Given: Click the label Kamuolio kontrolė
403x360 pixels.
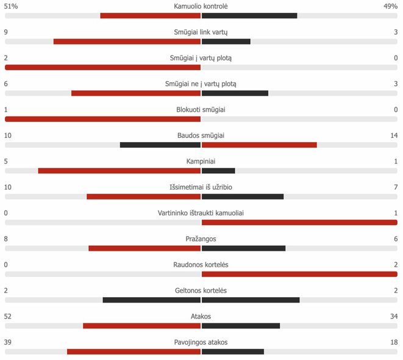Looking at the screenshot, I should (201, 6).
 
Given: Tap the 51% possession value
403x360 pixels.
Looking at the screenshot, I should (11, 6).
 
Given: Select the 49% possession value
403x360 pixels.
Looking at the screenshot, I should (391, 6).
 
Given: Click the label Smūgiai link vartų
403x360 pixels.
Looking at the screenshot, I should (201, 32).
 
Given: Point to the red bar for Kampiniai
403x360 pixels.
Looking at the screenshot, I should (119, 171).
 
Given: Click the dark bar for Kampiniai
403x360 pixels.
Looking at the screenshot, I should (218, 171).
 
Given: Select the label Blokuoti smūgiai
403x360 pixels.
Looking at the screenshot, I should (201, 110).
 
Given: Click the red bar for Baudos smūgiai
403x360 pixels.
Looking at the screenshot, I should (259, 145).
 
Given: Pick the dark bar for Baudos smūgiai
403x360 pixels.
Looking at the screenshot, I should (160, 145).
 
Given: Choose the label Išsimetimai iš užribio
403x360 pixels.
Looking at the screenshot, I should (201, 187).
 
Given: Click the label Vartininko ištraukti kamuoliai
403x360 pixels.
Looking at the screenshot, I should (201, 213).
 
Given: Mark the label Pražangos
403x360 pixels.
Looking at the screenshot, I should (201, 239).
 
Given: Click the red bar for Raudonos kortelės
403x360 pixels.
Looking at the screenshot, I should (299, 274).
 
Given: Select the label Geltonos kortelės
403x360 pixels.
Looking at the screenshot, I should (201, 290).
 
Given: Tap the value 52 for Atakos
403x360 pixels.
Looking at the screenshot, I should (9, 316).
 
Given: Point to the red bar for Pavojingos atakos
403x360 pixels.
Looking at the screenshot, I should (134, 351).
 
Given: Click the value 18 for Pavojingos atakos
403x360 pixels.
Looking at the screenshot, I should (394, 342).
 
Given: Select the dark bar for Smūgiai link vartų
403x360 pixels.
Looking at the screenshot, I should (226, 41).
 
